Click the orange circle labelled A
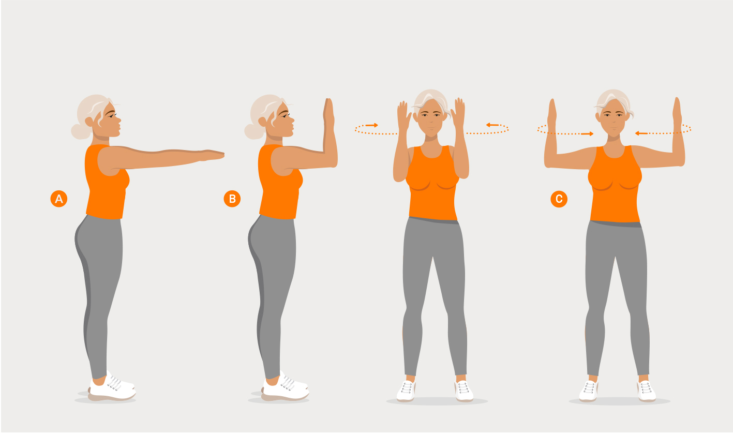click(59, 199)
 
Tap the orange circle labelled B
click(232, 199)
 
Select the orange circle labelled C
click(559, 199)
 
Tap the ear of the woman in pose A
click(89, 122)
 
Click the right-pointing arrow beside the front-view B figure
click(372, 125)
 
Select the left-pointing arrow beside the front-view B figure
click(492, 125)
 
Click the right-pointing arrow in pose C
click(587, 133)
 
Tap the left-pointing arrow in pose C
click(641, 133)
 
